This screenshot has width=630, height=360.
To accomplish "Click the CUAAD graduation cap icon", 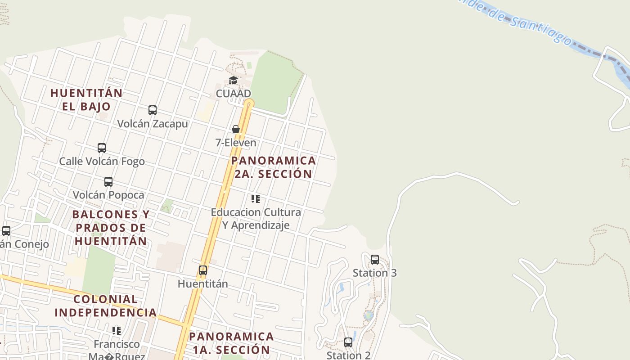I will pyautogui.click(x=233, y=80).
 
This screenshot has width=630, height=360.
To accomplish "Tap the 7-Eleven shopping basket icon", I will pyautogui.click(x=235, y=129).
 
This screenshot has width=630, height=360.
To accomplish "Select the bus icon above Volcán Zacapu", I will pyautogui.click(x=153, y=110).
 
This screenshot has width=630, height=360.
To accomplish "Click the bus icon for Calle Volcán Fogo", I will pyautogui.click(x=102, y=148).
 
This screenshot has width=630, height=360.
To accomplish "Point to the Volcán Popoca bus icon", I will pyautogui.click(x=108, y=181).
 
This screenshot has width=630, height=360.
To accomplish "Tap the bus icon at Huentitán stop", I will pyautogui.click(x=203, y=270).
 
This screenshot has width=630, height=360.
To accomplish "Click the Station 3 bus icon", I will pyautogui.click(x=374, y=259).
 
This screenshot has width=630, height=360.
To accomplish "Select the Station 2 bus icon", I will pyautogui.click(x=348, y=342).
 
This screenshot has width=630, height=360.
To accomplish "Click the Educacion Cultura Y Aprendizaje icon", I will pyautogui.click(x=256, y=198).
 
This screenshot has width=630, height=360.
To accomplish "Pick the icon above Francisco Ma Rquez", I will pyautogui.click(x=117, y=330).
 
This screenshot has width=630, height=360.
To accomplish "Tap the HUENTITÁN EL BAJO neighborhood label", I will pyautogui.click(x=86, y=99).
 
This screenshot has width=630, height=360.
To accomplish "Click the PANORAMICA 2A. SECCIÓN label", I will pyautogui.click(x=273, y=167).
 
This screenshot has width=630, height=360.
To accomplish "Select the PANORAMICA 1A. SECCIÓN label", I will pyautogui.click(x=231, y=343).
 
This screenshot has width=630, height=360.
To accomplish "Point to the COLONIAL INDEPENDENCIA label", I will pyautogui.click(x=106, y=306).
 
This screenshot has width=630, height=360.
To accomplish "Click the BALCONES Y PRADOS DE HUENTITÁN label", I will pyautogui.click(x=111, y=227).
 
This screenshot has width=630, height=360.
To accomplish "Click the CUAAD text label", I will pyautogui.click(x=233, y=94).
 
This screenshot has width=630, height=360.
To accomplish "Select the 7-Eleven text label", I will pyautogui.click(x=236, y=143).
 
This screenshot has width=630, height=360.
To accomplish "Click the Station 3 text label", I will pyautogui.click(x=374, y=273).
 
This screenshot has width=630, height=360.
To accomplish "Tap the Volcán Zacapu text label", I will pyautogui.click(x=153, y=123).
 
